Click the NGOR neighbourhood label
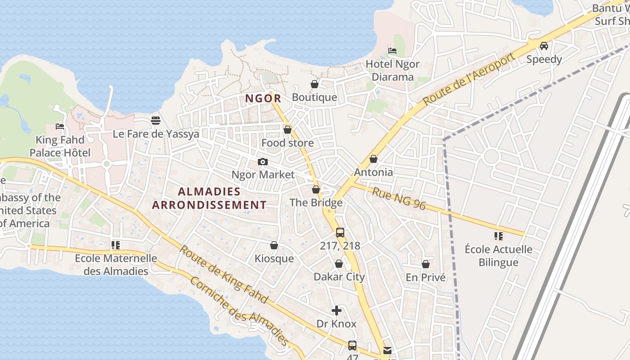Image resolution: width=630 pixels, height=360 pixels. [x=263, y=98]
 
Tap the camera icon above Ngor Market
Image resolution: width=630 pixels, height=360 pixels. [x=263, y=162]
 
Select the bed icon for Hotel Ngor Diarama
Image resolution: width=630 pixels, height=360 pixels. [x=392, y=51]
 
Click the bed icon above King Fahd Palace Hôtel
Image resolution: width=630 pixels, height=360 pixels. [x=60, y=126]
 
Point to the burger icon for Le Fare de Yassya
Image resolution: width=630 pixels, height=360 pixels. [x=156, y=120]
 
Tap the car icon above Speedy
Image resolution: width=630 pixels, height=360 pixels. [x=544, y=45]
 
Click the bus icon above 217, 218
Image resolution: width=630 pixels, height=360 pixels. [x=340, y=233]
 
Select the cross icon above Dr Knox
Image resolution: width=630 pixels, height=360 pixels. [x=337, y=310]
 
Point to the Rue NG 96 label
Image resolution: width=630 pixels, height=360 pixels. [x=399, y=198]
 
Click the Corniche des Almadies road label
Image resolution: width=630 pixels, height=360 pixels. [x=239, y=311]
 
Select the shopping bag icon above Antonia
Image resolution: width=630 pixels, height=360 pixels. [x=373, y=159]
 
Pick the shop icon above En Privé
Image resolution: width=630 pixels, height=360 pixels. [x=425, y=264]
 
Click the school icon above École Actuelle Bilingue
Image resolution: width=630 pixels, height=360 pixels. [x=498, y=236]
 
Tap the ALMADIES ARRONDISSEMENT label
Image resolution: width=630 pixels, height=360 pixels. [x=209, y=198]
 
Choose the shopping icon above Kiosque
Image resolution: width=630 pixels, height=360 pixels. [x=274, y=245]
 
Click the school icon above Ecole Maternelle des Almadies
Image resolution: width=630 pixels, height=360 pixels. [x=116, y=245]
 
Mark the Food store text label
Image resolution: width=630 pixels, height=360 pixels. [x=288, y=143]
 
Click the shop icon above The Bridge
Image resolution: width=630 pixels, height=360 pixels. [x=316, y=189]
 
